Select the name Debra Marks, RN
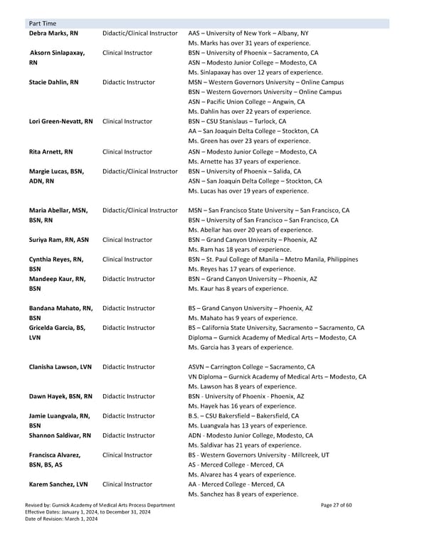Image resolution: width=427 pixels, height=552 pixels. point(54,33)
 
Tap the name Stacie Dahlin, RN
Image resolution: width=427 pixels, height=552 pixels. point(53,83)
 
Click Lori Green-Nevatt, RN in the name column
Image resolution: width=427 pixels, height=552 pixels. point(60,122)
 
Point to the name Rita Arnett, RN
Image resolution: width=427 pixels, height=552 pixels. point(51,152)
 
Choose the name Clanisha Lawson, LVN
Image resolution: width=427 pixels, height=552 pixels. point(62,367)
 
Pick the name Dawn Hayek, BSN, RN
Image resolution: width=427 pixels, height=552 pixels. point(60,396)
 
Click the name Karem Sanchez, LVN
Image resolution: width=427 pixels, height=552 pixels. point(58,484)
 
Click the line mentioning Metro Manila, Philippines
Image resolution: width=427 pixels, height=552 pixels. point(273,260)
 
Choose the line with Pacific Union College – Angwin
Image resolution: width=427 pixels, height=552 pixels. point(246,102)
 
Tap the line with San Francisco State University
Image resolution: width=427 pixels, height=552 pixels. point(268,211)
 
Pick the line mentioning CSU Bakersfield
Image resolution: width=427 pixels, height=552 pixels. point(243,416)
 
